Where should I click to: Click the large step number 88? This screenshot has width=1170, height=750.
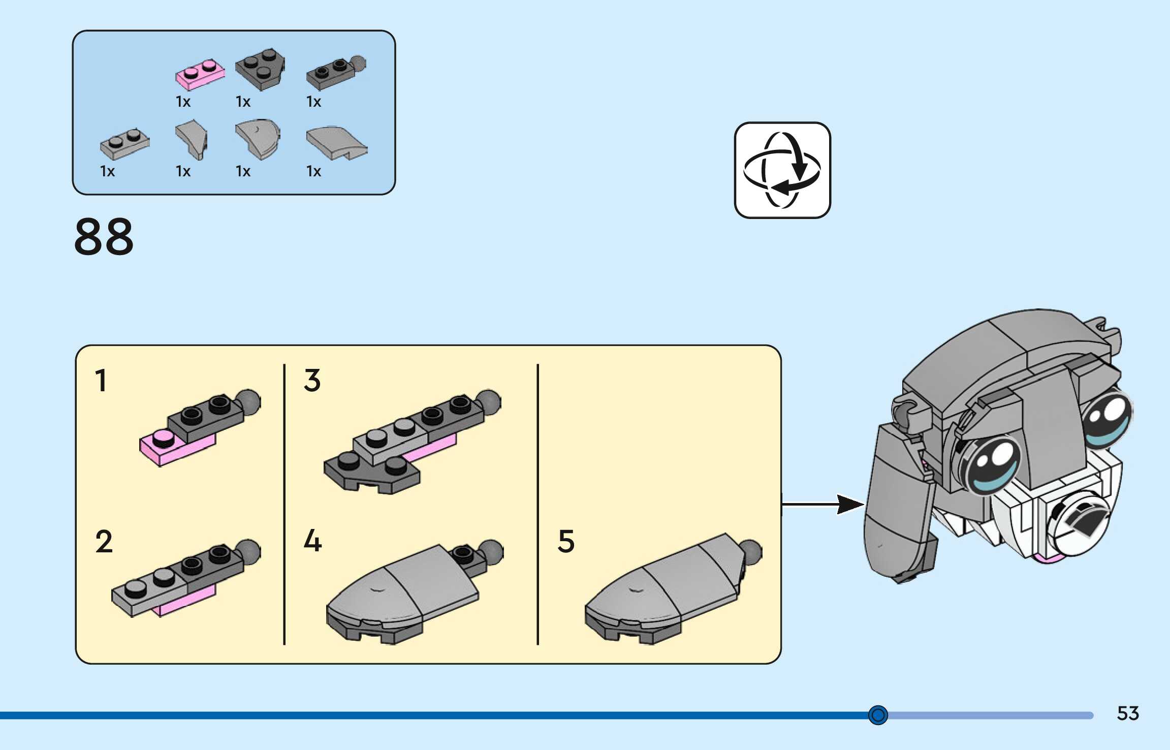point(104,236)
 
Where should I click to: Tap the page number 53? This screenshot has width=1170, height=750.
point(1128,713)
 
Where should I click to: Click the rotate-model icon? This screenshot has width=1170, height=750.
point(782,170)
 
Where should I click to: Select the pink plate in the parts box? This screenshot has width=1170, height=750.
point(200,75)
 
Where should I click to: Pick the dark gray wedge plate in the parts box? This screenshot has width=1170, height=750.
point(260,70)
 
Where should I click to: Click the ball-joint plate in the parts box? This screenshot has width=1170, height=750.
point(336,73)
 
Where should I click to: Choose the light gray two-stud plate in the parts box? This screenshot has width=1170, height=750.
point(124,144)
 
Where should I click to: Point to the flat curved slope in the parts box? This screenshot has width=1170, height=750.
point(336,143)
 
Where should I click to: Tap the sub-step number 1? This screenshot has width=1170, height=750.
point(101,381)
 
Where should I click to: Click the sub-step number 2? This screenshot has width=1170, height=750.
point(104,541)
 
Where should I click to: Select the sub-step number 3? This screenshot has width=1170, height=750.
point(312,381)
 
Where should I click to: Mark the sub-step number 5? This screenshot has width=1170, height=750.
point(566,541)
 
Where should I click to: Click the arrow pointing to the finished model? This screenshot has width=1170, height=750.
point(823,504)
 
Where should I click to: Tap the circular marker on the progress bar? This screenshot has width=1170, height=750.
point(878,715)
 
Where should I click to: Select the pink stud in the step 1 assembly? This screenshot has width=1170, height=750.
point(163,438)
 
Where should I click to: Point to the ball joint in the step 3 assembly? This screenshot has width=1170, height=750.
point(489,402)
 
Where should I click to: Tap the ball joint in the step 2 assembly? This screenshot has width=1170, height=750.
point(248,551)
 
